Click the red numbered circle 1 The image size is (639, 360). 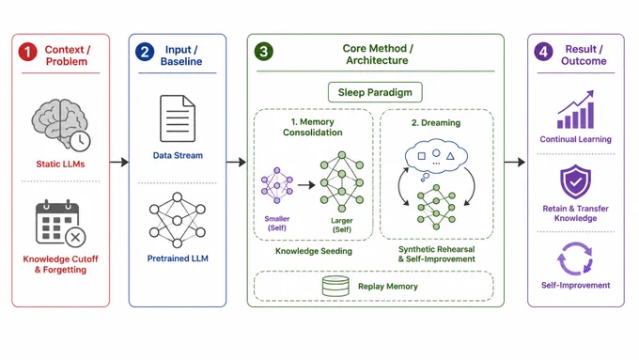point(27,52)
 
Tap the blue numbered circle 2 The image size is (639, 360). point(145,52)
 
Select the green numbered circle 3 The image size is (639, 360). point(264,52)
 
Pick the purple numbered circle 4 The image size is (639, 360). point(544,52)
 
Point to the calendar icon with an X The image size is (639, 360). point(61,223)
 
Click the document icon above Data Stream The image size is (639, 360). point(178,118)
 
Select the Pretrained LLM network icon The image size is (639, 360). point(178,220)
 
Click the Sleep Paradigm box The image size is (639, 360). point(375,92)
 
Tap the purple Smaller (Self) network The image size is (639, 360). point(277,185)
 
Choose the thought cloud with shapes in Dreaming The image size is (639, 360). point(436,157)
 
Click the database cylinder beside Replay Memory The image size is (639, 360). point(335,286)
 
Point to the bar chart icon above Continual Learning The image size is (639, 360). point(575,110)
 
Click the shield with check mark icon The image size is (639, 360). point(575,181)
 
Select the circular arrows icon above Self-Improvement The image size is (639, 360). point(575,258)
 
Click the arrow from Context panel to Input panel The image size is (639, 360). point(119,163)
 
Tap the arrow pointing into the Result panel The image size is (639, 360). point(515,163)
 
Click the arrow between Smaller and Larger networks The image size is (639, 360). point(306,185)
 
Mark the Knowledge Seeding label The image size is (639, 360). point(314,251)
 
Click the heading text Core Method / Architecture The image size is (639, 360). point(378,55)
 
